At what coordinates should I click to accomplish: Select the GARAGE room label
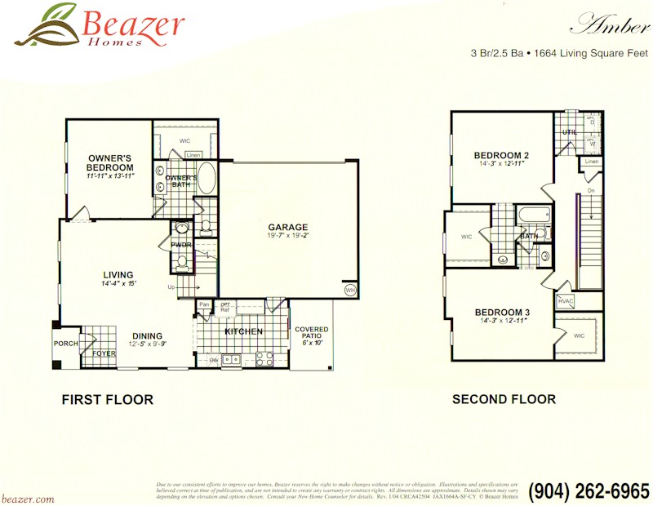tap(288, 227)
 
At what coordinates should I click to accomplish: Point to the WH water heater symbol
tap(350, 290)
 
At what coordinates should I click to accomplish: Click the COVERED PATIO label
tap(311, 334)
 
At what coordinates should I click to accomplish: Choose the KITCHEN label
tap(243, 331)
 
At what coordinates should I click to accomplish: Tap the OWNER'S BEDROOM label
tap(110, 162)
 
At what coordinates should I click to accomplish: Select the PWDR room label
tap(181, 245)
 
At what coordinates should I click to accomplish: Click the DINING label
tap(147, 335)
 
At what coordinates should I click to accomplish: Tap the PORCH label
tap(65, 344)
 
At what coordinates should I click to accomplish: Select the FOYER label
tap(103, 354)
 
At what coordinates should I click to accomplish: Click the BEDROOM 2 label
tap(502, 155)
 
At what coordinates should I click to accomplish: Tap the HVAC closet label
tap(566, 301)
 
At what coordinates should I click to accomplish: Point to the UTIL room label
tap(569, 131)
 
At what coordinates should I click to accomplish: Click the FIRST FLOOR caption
tap(108, 400)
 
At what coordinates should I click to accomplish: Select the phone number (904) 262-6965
tap(588, 491)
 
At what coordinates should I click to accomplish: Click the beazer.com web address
tap(28, 498)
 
